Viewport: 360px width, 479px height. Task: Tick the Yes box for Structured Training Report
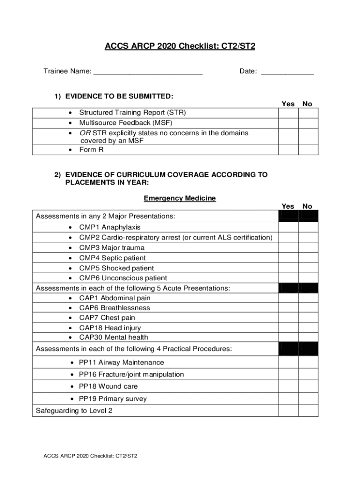coord(288,113)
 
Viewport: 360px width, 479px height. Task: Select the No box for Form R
coord(308,150)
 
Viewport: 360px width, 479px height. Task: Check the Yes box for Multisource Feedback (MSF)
coord(288,123)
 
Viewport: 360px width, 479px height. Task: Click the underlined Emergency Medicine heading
coord(180,198)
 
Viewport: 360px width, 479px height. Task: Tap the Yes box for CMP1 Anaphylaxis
coord(288,227)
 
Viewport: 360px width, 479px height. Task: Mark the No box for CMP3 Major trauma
coord(308,247)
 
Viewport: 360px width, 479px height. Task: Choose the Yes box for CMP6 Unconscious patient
coord(288,278)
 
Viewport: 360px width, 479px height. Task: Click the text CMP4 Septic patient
coord(112,258)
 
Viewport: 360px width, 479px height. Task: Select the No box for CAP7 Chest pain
coord(308,318)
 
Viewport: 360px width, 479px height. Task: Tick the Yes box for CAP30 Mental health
coord(288,337)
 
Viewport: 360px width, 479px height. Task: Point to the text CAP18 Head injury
coord(110,328)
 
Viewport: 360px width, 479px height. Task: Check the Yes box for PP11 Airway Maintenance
coord(288,363)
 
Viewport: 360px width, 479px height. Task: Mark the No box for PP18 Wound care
coord(308,386)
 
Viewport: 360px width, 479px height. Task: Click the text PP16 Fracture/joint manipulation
coord(131,374)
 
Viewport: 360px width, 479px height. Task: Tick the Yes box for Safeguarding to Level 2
coord(288,411)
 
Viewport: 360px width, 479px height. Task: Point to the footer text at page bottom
coord(90,456)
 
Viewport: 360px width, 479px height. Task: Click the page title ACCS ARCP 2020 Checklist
coord(180,46)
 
